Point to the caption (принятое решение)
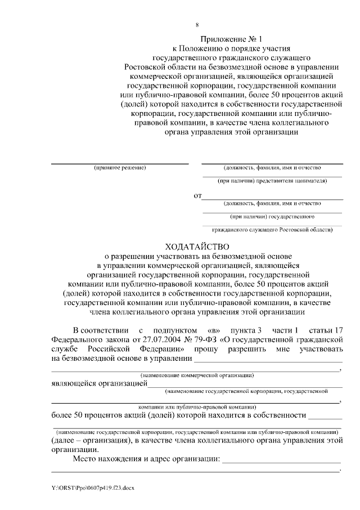pyautogui.click(x=120, y=168)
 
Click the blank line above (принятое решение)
pyautogui.click(x=120, y=163)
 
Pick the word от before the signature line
pyautogui.click(x=197, y=196)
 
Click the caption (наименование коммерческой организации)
pyautogui.click(x=197, y=374)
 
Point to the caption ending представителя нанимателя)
pyautogui.click(x=272, y=181)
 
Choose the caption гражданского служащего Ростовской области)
pyautogui.click(x=272, y=230)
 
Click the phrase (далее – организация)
pyautogui.click(x=89, y=441)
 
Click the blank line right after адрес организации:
pyautogui.click(x=281, y=462)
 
